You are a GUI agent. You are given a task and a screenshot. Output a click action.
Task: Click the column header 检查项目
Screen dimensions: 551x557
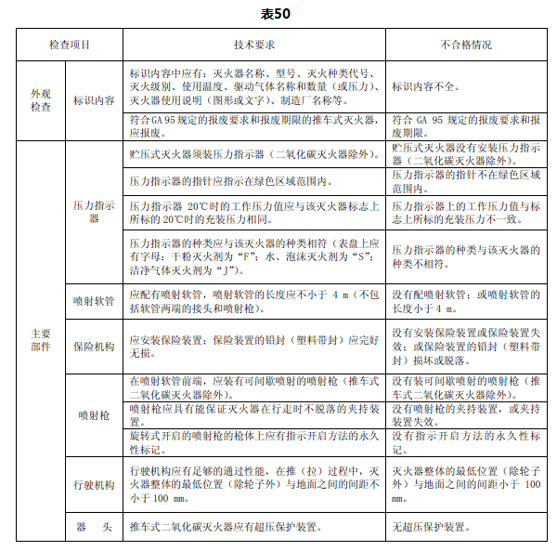pyautogui.click(x=70, y=44)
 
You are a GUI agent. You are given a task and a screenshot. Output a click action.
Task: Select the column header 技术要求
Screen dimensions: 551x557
pyautogui.click(x=253, y=44)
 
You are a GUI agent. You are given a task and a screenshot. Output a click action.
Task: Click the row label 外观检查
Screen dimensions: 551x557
pyautogui.click(x=41, y=101)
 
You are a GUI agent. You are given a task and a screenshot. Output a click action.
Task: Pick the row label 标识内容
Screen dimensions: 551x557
pyautogui.click(x=94, y=101)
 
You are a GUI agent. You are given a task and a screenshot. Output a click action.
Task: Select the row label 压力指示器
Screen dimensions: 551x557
pyautogui.click(x=94, y=213)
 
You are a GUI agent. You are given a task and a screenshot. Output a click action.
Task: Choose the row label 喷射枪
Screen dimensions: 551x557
pyautogui.click(x=94, y=413)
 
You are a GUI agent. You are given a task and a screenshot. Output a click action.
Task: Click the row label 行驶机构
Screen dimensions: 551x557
pyautogui.click(x=94, y=485)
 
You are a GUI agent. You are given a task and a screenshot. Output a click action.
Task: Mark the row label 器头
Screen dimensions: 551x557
pyautogui.click(x=94, y=527)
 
